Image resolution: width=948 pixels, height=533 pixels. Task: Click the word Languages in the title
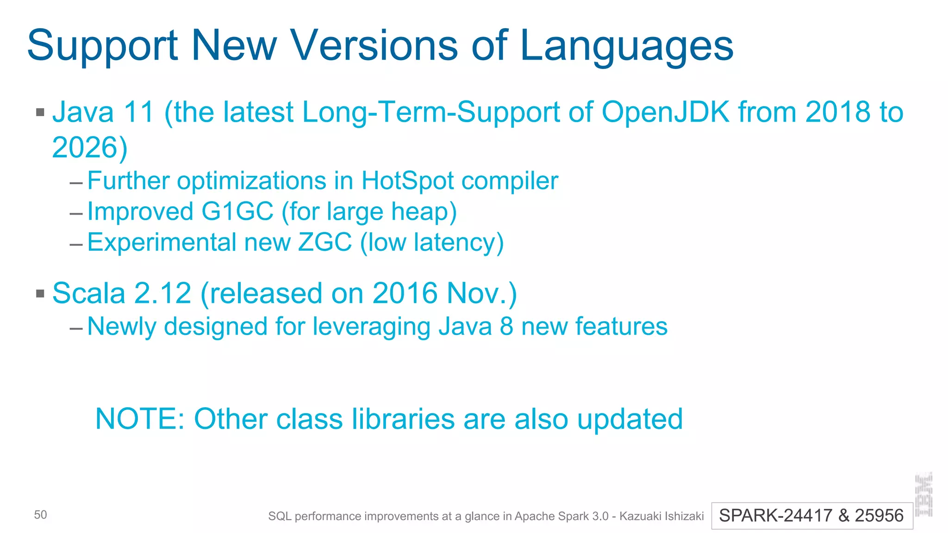(x=627, y=46)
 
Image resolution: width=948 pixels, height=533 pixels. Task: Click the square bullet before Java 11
(x=40, y=112)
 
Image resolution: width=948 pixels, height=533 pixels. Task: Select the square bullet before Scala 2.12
(x=40, y=293)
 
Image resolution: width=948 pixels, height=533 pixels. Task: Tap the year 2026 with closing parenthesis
(x=90, y=148)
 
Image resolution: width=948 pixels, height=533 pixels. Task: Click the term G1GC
(x=237, y=211)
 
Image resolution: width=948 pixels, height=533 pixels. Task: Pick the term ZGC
(x=325, y=242)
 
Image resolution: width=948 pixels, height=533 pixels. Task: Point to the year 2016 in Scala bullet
(x=405, y=293)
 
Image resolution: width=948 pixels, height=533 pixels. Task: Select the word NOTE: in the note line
(x=140, y=419)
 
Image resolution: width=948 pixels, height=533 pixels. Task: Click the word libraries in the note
(x=403, y=419)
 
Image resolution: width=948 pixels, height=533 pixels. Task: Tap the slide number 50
(x=40, y=515)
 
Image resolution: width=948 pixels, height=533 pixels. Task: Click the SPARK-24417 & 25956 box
(x=811, y=515)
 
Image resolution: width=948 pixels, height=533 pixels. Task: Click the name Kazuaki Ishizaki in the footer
(x=661, y=516)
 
